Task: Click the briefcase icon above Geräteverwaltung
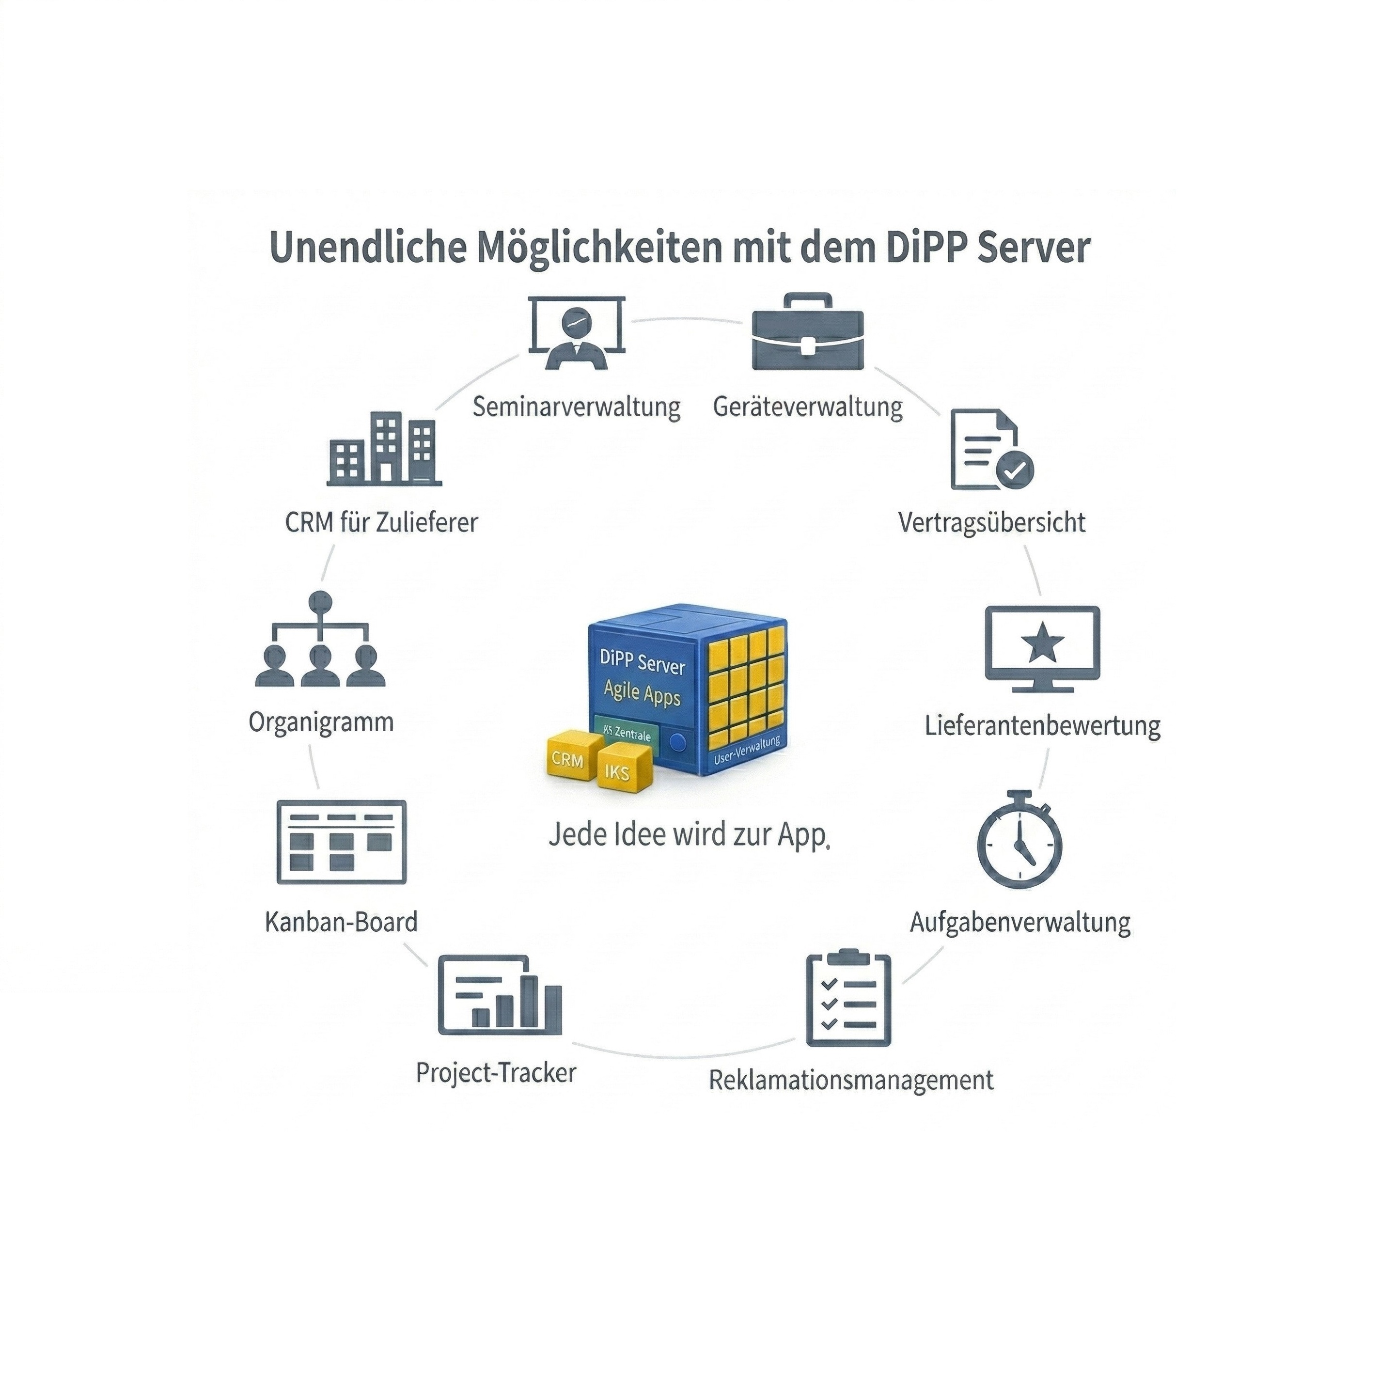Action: [808, 332]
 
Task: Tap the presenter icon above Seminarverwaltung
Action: [577, 333]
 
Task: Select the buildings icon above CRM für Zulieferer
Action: [384, 449]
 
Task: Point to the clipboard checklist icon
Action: [848, 999]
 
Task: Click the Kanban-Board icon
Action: [342, 842]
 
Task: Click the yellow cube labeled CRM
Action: [568, 759]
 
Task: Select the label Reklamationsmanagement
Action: [851, 1079]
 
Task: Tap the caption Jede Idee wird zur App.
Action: [690, 834]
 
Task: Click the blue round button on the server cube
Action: [678, 743]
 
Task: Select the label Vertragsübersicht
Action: [991, 522]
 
